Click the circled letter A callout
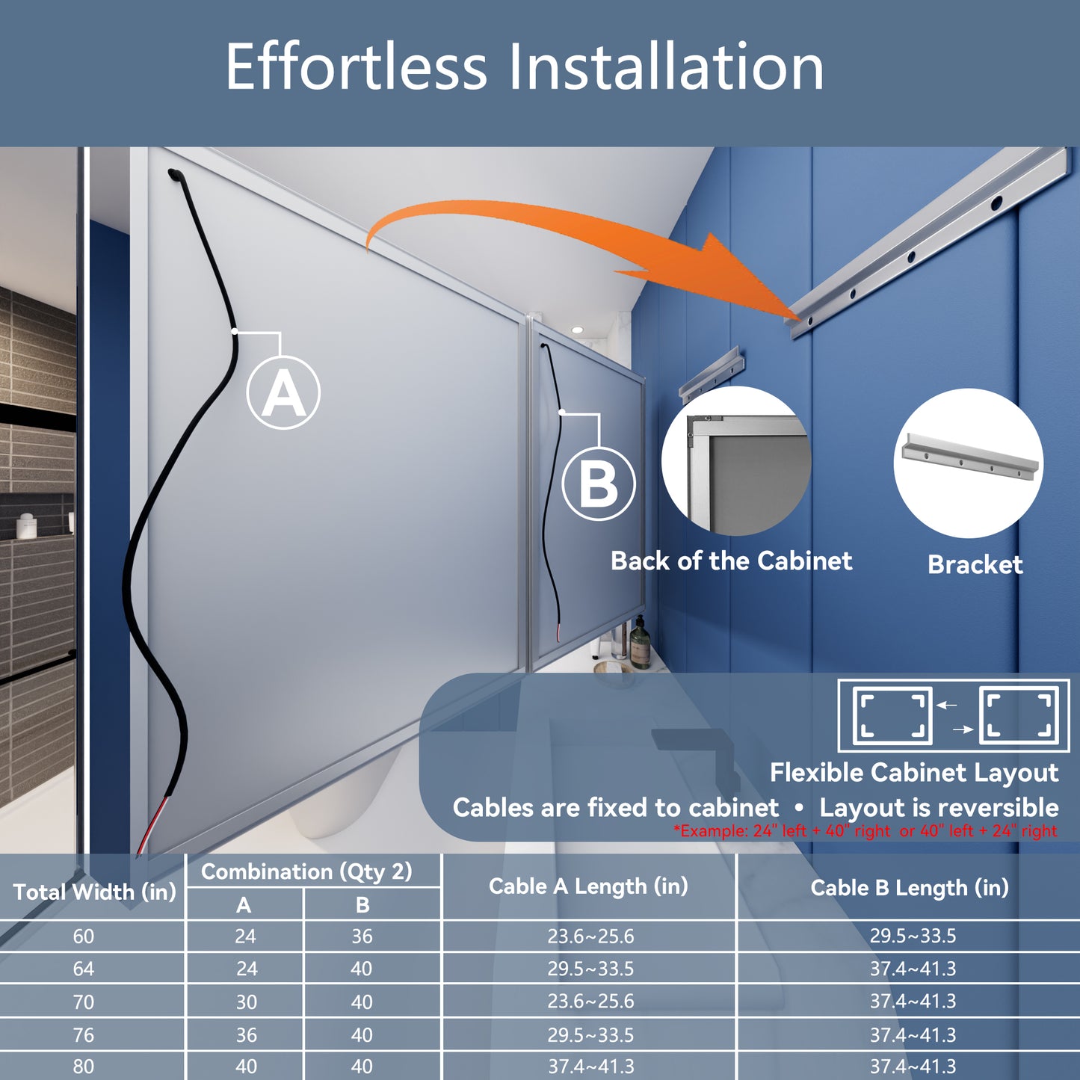pos(283,393)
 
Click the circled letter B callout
pos(599,484)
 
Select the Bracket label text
pos(975,564)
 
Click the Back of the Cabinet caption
pos(731,561)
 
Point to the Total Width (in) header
pos(94,891)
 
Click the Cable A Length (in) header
pos(588,886)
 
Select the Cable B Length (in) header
pos(910,887)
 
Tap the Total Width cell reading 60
pos(84,936)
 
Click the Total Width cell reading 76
pos(84,1034)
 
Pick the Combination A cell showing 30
pos(246,1002)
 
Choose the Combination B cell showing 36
pos(362,936)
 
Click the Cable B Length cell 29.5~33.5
pos(913,936)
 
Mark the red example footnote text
pos(865,830)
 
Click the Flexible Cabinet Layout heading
pos(914,772)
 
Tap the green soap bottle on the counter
pos(640,644)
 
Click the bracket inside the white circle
pos(969,457)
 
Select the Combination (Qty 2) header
pos(306,871)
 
